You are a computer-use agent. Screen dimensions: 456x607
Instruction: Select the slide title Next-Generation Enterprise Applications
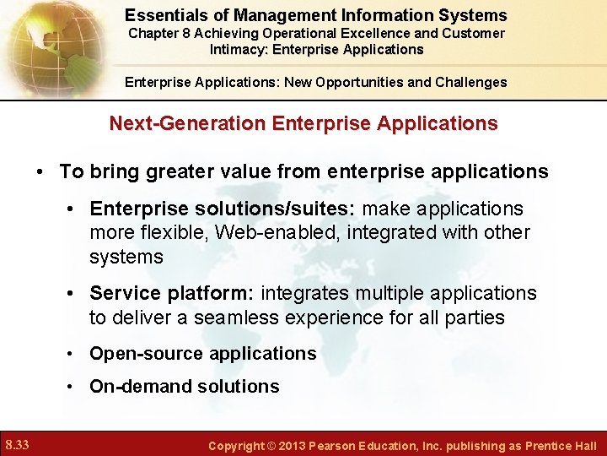303,123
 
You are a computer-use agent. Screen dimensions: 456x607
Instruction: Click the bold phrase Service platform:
173,293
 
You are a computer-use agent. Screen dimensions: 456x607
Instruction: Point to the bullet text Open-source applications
202,354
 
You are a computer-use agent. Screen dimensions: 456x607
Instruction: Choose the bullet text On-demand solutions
184,387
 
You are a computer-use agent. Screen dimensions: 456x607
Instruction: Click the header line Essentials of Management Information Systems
316,15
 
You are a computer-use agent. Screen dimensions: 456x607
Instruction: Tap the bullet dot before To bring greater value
40,172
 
